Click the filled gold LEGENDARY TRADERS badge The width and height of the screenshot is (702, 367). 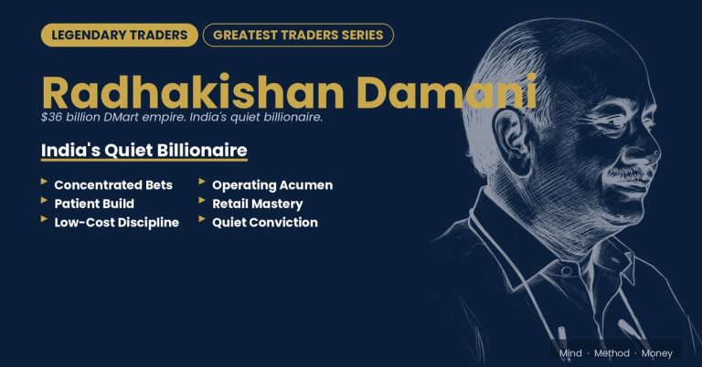pyautogui.click(x=120, y=35)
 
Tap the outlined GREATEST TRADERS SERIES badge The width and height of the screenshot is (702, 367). pyautogui.click(x=298, y=35)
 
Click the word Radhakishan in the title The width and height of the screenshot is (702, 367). pyautogui.click(x=193, y=92)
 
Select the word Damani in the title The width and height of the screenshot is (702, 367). pyautogui.click(x=447, y=92)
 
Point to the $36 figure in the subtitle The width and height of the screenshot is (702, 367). pyautogui.click(x=51, y=117)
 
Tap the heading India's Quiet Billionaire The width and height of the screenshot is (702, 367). pyautogui.click(x=144, y=151)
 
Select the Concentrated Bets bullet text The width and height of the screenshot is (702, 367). pyautogui.click(x=113, y=185)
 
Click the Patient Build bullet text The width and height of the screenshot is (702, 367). pyautogui.click(x=94, y=204)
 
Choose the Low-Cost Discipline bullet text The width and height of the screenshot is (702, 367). pyautogui.click(x=116, y=223)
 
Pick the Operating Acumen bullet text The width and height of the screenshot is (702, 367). pyautogui.click(x=272, y=185)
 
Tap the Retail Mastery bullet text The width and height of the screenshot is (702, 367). pyautogui.click(x=258, y=204)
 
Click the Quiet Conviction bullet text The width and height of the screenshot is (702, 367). pyautogui.click(x=264, y=223)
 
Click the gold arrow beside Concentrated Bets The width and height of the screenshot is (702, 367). pyautogui.click(x=44, y=182)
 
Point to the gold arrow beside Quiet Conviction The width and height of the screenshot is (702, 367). pyautogui.click(x=202, y=219)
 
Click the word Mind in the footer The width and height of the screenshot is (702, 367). pyautogui.click(x=570, y=353)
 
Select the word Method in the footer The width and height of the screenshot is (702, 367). pyautogui.click(x=612, y=353)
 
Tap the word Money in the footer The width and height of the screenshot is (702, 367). pyautogui.click(x=657, y=353)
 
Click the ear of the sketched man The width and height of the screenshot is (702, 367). pyautogui.click(x=513, y=140)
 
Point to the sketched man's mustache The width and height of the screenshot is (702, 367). pyautogui.click(x=628, y=173)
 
